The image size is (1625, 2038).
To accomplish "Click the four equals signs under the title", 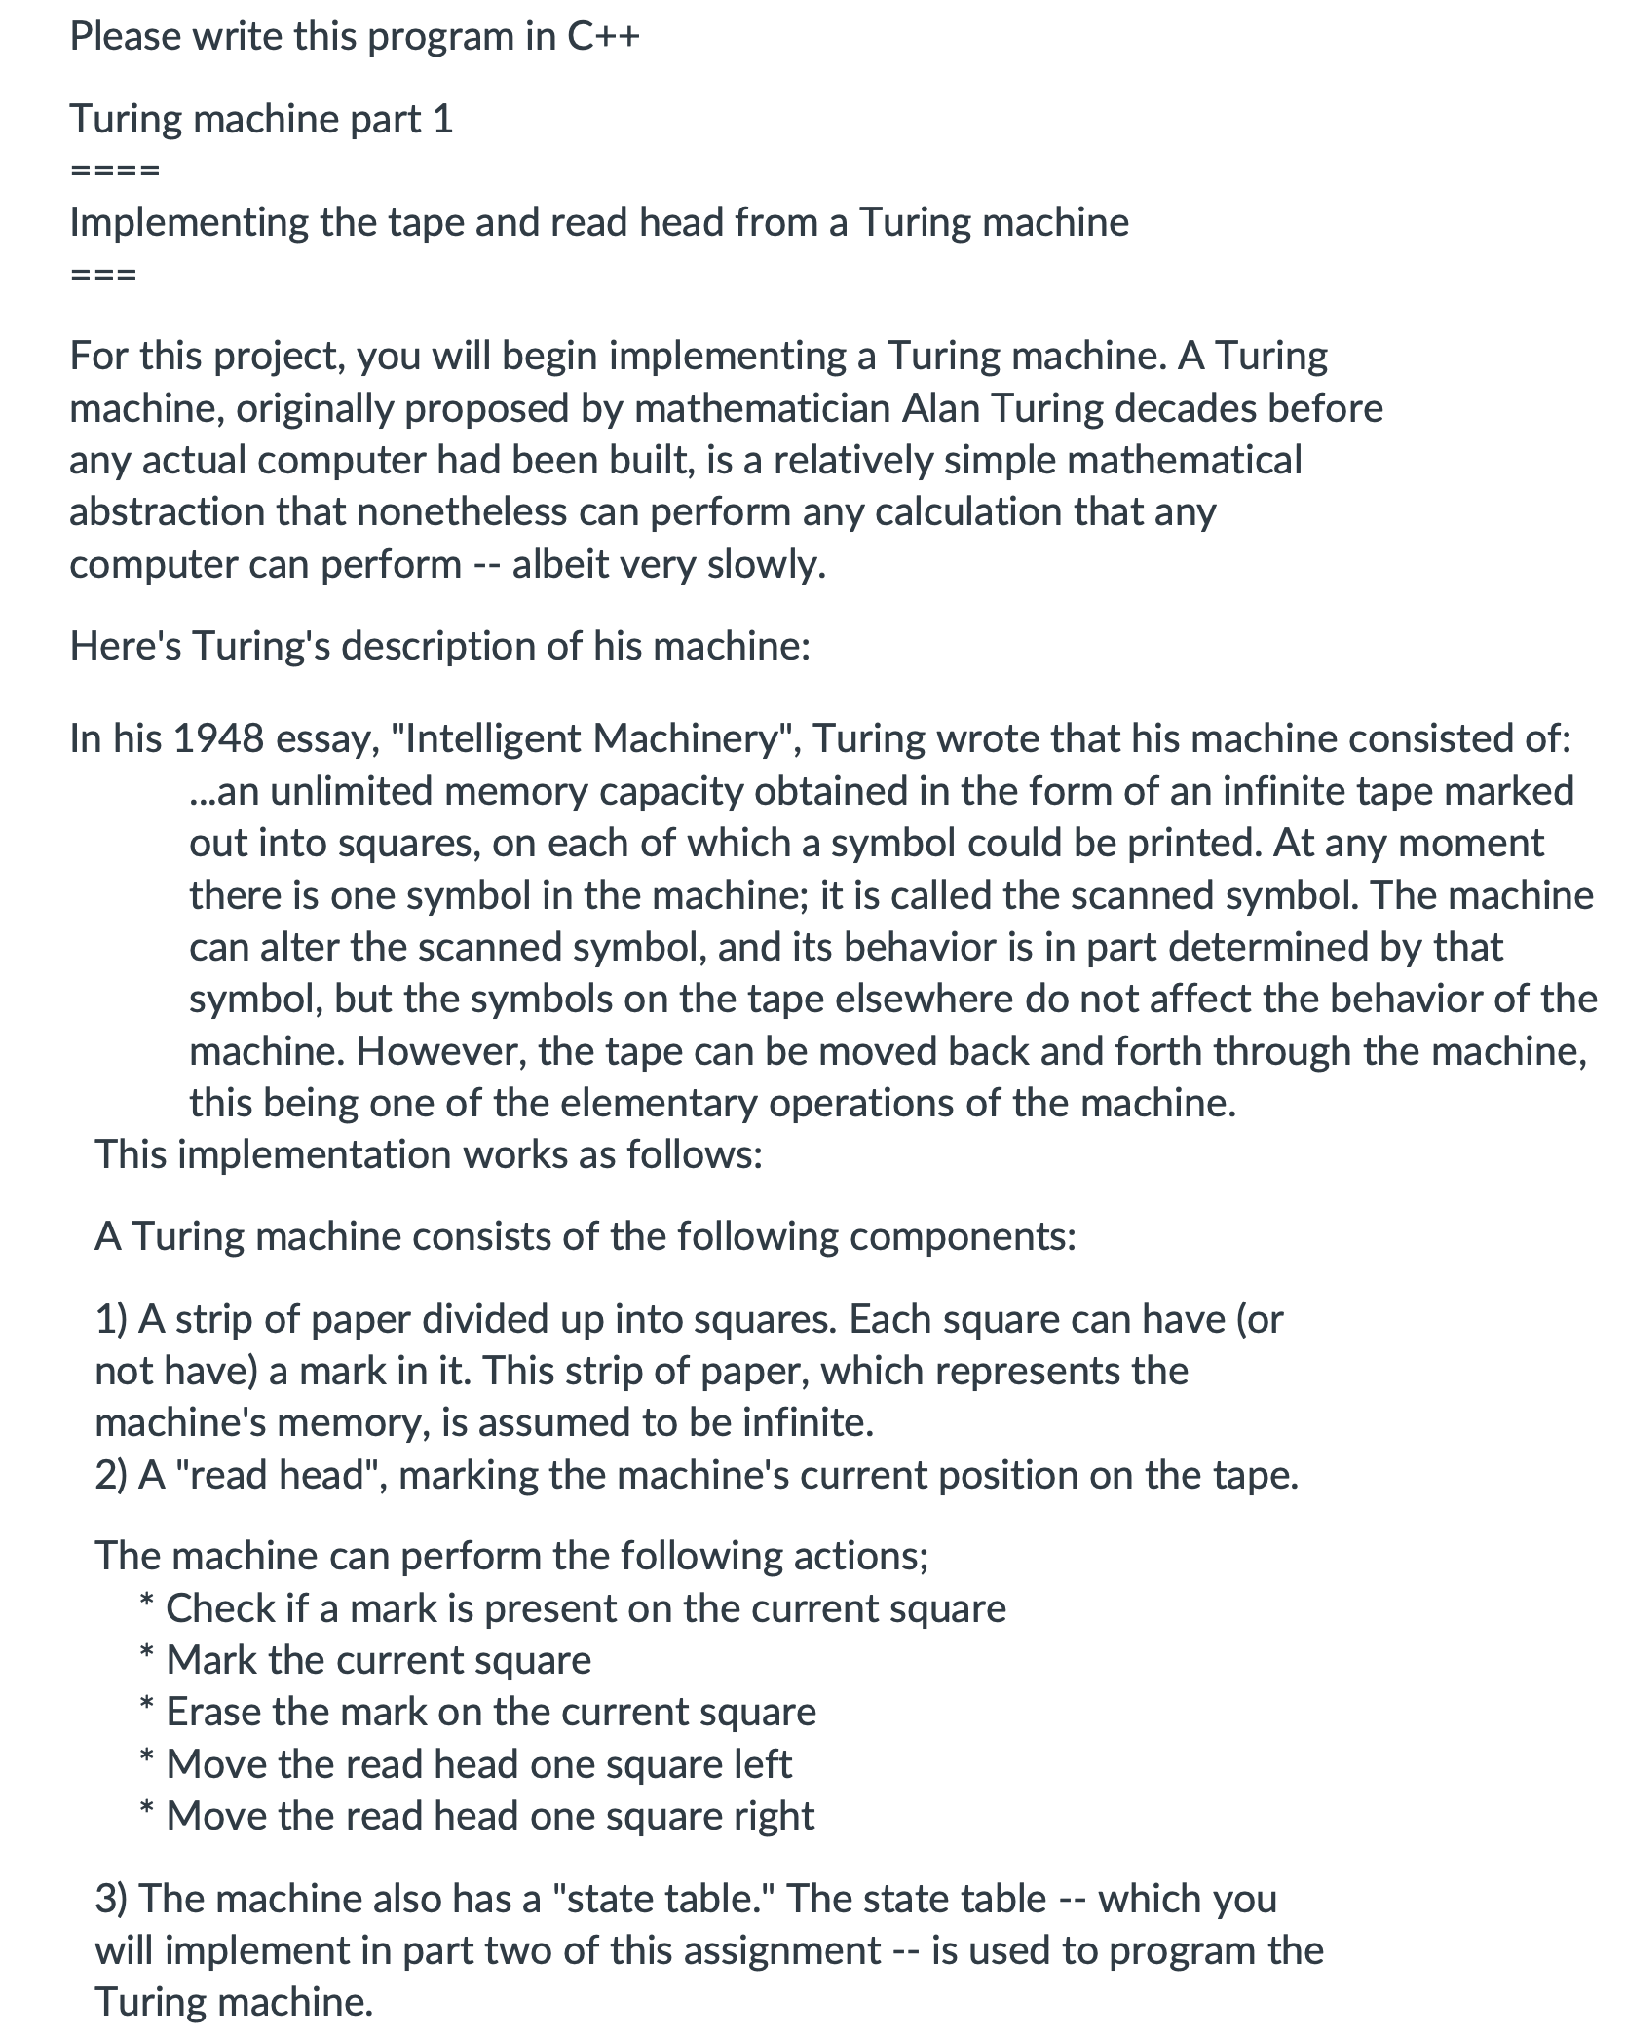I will [x=115, y=171].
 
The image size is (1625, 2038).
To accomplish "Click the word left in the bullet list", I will [x=764, y=1764].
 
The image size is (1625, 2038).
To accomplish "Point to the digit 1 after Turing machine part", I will [x=442, y=120].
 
